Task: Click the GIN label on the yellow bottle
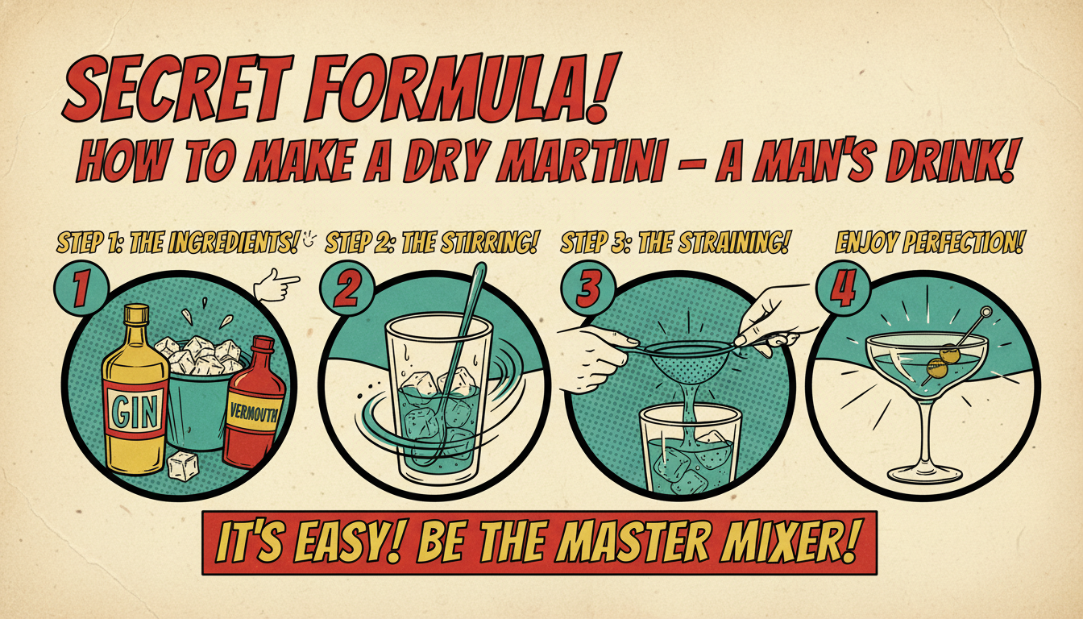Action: [x=135, y=410]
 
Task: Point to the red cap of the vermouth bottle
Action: [x=263, y=344]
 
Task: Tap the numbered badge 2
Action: [x=346, y=289]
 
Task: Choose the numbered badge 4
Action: [x=843, y=289]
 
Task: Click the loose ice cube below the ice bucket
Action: [x=183, y=466]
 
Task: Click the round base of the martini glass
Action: [x=925, y=475]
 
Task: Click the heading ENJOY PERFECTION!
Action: [x=928, y=243]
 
